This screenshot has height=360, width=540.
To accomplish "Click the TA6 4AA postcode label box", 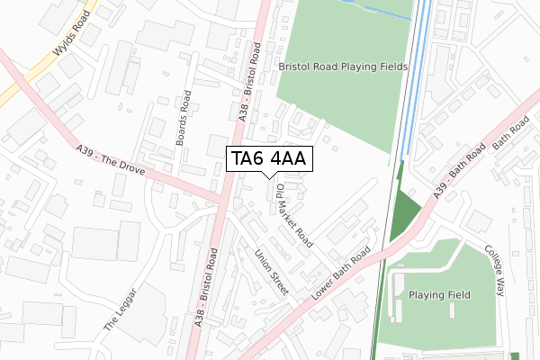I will point(269,159).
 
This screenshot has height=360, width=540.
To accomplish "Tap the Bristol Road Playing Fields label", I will point(343,67).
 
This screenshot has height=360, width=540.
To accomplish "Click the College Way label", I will point(497,271).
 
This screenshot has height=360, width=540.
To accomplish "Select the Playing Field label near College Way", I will point(440,294).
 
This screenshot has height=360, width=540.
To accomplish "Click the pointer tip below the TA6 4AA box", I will point(269,177).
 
